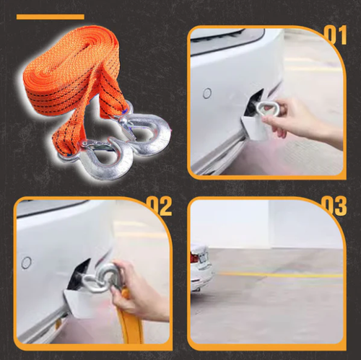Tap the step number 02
(160, 205)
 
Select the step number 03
(334, 205)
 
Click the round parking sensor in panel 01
(207, 93)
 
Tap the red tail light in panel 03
(193, 256)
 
